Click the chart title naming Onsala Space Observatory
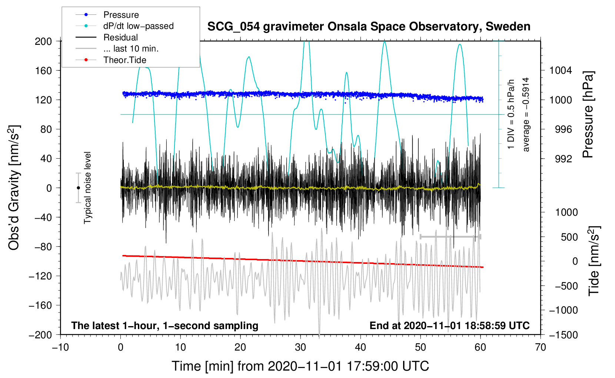[369, 27]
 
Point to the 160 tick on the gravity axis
[43, 70]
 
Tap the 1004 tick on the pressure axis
[561, 70]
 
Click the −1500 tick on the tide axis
[563, 335]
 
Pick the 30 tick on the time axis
[300, 347]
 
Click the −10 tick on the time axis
[60, 347]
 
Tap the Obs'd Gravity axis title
[14, 188]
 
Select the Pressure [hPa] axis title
[588, 115]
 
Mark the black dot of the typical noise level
[78, 188]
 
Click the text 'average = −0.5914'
[526, 115]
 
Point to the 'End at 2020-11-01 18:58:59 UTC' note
[449, 325]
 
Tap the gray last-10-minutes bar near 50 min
[450, 236]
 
